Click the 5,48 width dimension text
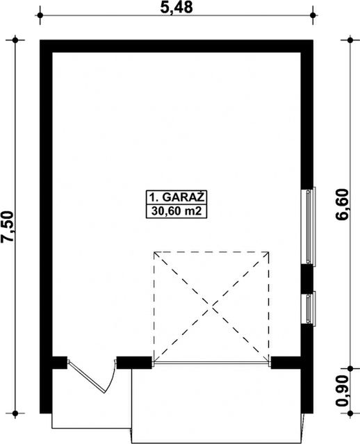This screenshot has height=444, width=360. [176, 8]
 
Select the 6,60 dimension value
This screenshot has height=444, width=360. [342, 204]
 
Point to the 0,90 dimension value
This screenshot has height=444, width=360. [342, 390]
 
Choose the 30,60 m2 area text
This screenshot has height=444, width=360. [177, 211]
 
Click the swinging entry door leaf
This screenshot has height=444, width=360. [87, 377]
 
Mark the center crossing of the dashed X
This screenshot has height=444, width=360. [211, 306]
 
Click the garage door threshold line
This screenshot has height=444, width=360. [211, 362]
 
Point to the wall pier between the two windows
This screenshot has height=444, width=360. [306, 279]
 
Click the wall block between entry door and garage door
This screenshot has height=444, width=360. [134, 363]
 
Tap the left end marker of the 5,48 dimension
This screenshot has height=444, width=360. [40, 15]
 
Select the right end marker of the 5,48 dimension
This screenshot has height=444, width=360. [313, 15]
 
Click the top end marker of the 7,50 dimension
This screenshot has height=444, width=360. [15, 40]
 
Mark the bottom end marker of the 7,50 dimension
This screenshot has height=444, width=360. [15, 413]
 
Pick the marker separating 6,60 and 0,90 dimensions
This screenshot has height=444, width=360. [350, 368]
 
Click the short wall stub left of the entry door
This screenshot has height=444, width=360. [60, 363]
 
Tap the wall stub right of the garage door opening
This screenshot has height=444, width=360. [286, 363]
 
